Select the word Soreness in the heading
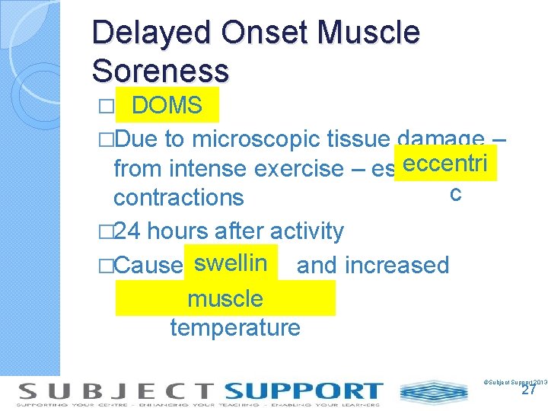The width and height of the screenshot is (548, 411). (160, 71)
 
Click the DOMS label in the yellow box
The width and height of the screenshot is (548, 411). (167, 106)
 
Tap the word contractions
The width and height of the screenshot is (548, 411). (178, 197)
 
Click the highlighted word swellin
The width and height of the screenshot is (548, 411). (230, 264)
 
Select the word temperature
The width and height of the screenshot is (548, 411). (235, 328)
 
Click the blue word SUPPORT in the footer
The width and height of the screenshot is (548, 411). (304, 391)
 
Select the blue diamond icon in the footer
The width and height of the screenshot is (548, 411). (434, 392)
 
